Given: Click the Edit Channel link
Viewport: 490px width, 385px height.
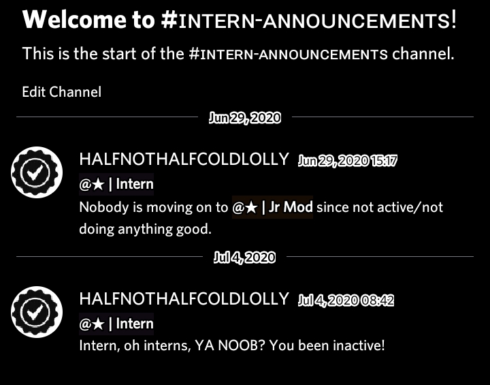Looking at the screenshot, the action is coord(61,92).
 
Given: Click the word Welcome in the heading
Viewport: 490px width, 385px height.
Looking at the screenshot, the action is coord(74,19).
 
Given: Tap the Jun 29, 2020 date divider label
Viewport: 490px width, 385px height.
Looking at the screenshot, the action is coord(245,118).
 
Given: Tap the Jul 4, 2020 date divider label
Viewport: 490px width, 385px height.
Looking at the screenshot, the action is coord(244,258).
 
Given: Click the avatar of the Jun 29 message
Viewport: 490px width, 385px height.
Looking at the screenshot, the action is coord(37,172).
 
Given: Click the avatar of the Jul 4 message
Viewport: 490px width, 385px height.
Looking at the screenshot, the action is coord(37,312).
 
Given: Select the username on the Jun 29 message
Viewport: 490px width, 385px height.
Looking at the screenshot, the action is coord(184,159).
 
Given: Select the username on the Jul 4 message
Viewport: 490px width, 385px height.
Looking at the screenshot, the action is coord(184,298).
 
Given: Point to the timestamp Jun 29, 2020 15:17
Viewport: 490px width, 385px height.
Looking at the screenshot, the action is coord(347,161).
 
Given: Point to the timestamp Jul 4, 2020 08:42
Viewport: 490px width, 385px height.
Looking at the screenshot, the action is coord(346,301).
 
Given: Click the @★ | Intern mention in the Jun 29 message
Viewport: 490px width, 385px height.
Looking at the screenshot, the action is coord(116,184).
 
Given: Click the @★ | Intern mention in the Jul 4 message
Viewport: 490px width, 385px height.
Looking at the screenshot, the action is coord(116,324).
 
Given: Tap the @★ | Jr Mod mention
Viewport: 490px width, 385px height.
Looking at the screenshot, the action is coord(272,207).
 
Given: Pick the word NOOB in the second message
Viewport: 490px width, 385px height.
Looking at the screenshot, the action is coord(242,345).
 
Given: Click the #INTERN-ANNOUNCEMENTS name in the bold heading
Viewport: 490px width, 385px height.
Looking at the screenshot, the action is coord(309,20).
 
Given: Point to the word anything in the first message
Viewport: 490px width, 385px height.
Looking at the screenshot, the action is coord(145,230).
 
